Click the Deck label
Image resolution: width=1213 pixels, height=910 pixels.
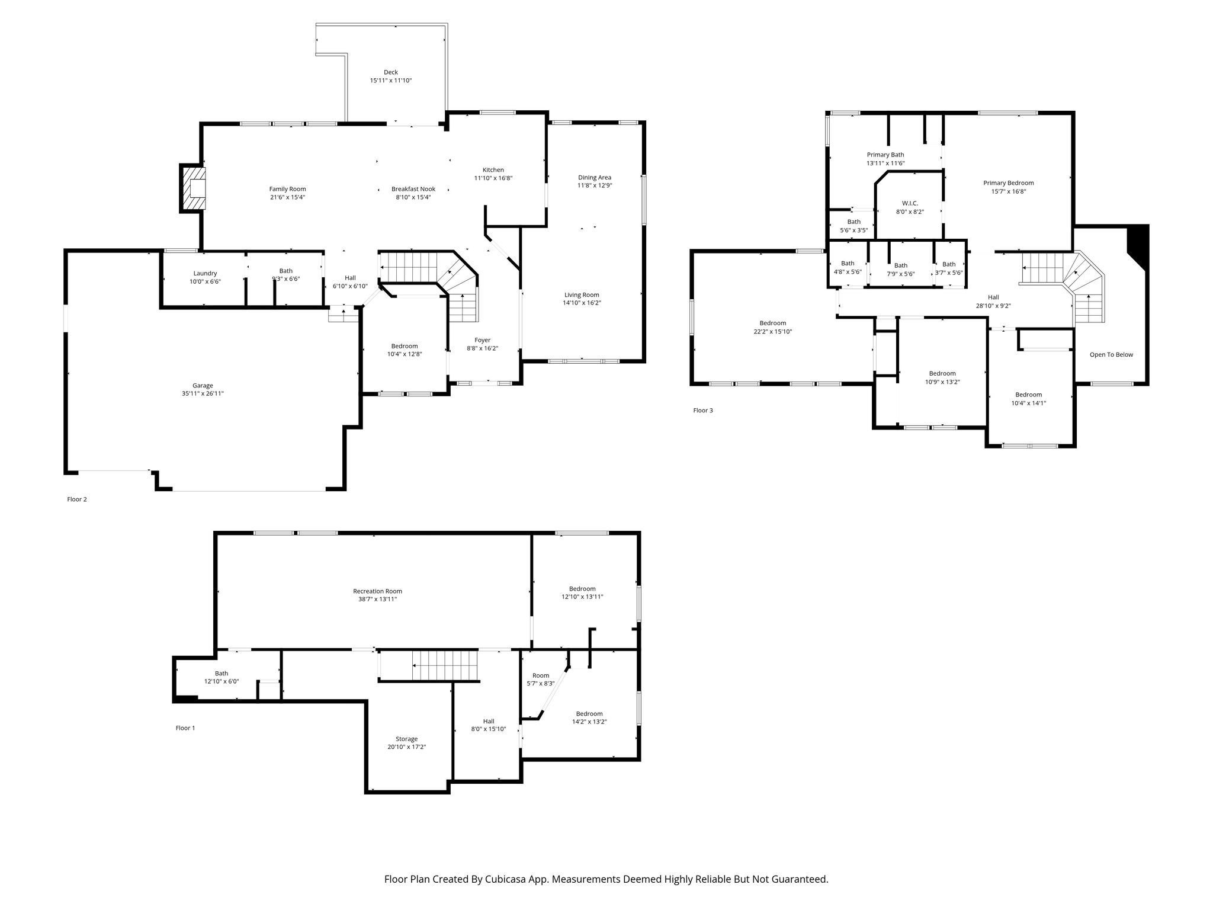click(390, 72)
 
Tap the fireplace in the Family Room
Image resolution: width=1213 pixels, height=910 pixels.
click(194, 188)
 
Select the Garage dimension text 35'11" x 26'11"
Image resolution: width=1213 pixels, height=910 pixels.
click(203, 393)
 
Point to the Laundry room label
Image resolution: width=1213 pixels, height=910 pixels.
click(205, 273)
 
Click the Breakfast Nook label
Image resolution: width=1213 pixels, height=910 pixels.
click(413, 189)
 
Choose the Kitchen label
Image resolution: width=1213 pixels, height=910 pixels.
click(493, 170)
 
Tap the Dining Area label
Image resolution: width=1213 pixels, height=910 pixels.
click(595, 177)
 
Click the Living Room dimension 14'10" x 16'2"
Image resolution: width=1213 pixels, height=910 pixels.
click(582, 303)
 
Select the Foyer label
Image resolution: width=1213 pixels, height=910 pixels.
click(482, 340)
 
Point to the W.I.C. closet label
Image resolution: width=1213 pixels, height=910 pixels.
click(910, 203)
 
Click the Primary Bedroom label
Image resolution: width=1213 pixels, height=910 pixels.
click(1009, 183)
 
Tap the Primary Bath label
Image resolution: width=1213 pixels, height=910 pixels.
click(885, 155)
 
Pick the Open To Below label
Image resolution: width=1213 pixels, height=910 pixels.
click(1111, 355)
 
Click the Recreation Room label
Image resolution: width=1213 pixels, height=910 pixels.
click(377, 591)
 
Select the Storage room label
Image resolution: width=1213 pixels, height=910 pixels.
click(406, 739)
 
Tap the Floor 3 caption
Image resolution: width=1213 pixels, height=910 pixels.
click(703, 410)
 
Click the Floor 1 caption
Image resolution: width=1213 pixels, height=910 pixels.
click(185, 728)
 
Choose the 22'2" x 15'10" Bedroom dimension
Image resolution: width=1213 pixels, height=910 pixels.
click(772, 332)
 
